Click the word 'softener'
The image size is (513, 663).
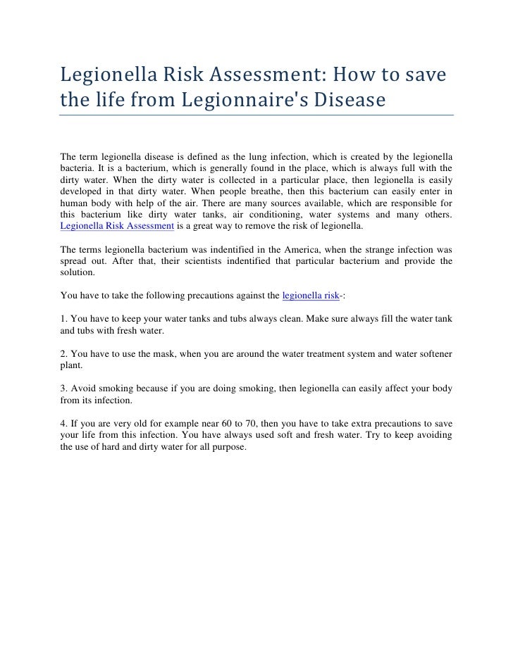click(433, 353)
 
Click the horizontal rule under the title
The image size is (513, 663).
click(256, 115)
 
